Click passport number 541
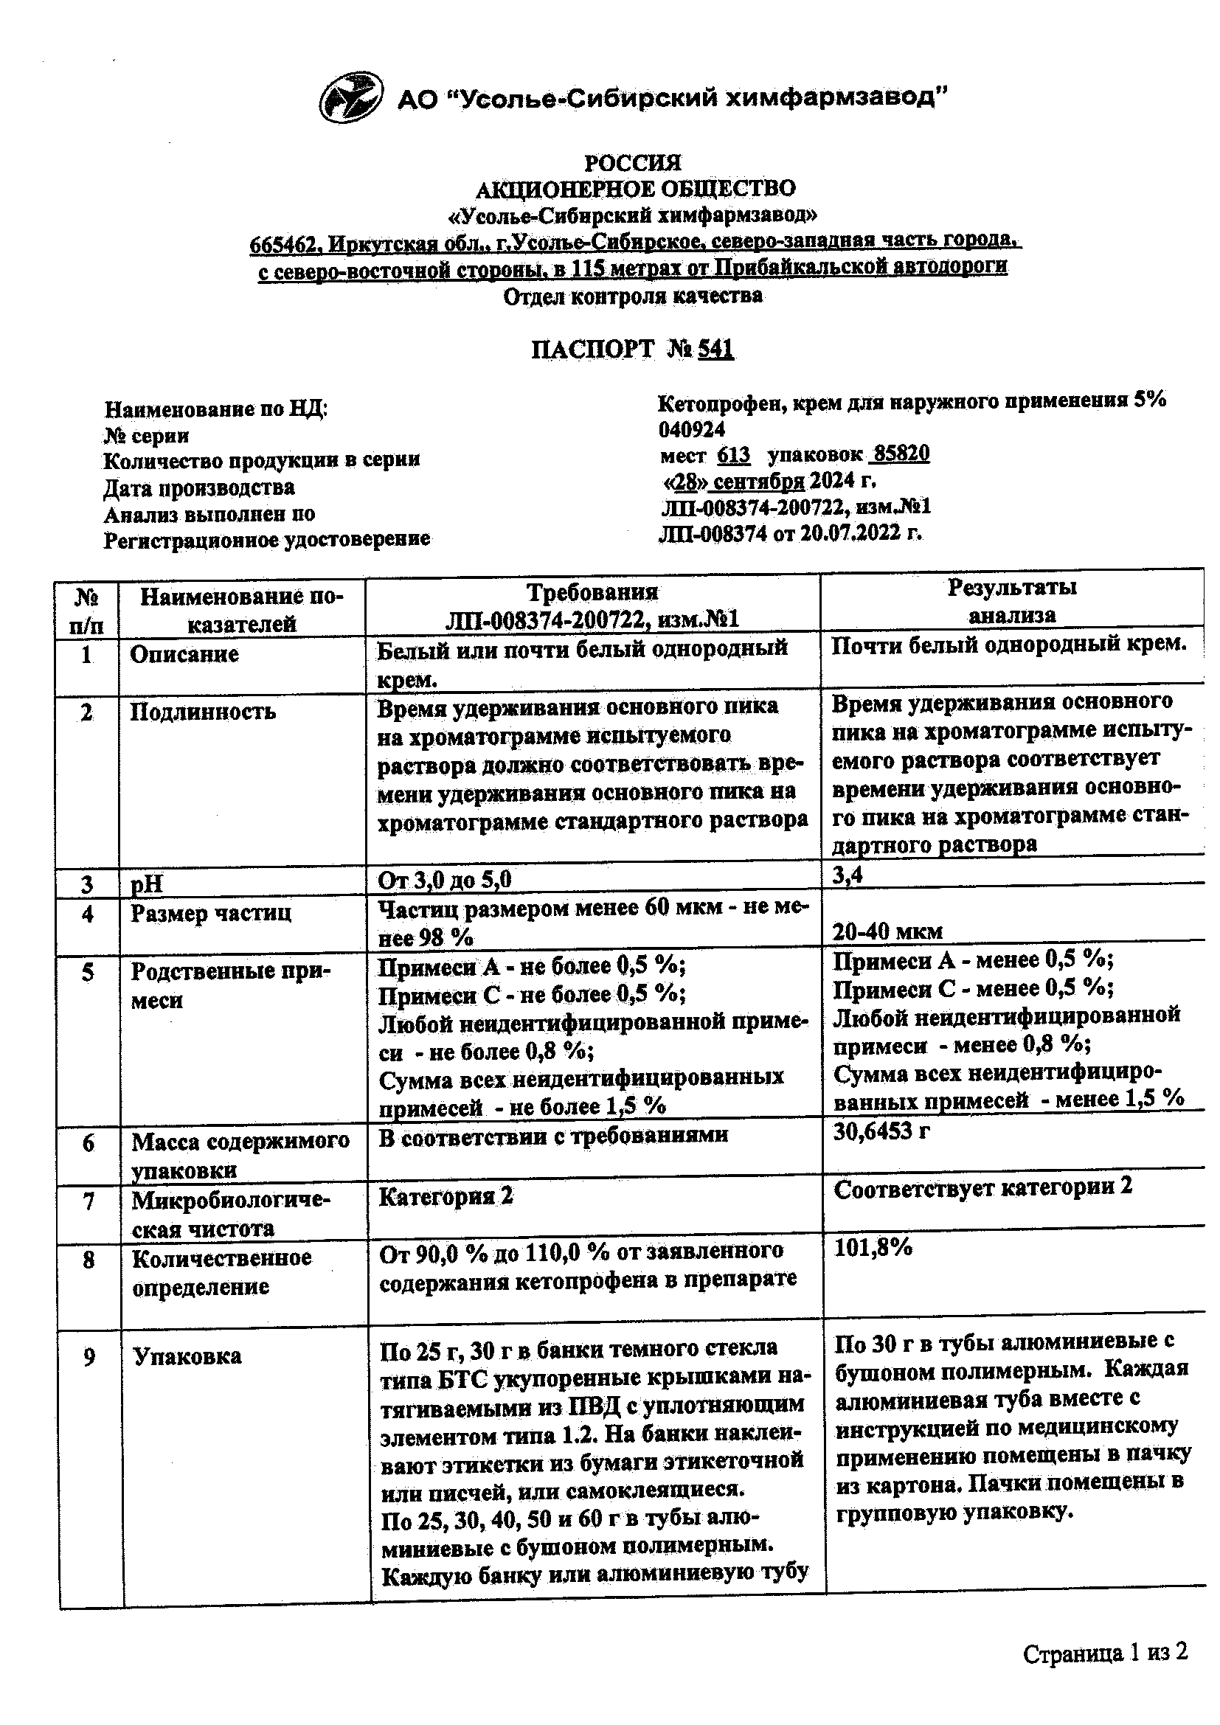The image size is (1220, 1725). [x=715, y=350]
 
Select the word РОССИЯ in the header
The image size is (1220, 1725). [x=633, y=162]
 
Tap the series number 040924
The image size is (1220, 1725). [x=692, y=429]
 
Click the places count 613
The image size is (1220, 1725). [x=734, y=454]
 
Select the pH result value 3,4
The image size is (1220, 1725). [x=848, y=875]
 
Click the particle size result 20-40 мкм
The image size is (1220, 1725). [x=887, y=931]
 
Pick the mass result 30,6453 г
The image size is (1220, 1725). [x=881, y=1131]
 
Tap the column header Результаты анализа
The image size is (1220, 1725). [x=1011, y=601]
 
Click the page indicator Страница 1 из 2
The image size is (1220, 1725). [x=1105, y=1653]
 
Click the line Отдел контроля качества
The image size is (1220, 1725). [x=633, y=296]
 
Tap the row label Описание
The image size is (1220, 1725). [x=184, y=654]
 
